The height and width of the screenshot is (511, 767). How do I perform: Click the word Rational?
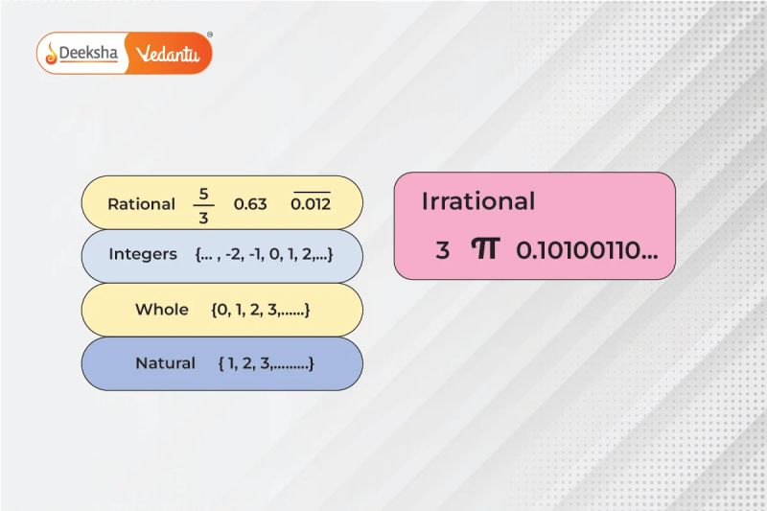(141, 204)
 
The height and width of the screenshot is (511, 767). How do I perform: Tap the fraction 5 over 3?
(202, 204)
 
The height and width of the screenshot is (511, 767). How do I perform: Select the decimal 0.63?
(250, 204)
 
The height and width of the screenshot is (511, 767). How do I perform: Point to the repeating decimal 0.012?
(310, 205)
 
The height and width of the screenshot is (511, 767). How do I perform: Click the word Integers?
(143, 255)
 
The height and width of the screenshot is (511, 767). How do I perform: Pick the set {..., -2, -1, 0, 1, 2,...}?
(263, 255)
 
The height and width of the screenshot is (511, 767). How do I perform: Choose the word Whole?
(162, 310)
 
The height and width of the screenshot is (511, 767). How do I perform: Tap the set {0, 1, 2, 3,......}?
(261, 310)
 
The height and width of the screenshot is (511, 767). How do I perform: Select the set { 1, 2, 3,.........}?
(266, 363)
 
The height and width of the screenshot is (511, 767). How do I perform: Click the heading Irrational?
(478, 201)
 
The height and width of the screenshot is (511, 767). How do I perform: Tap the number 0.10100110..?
(587, 251)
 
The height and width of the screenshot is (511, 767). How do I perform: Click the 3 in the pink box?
(442, 251)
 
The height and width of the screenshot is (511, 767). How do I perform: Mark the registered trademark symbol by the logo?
(210, 34)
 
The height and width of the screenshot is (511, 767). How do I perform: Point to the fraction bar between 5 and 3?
(202, 204)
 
